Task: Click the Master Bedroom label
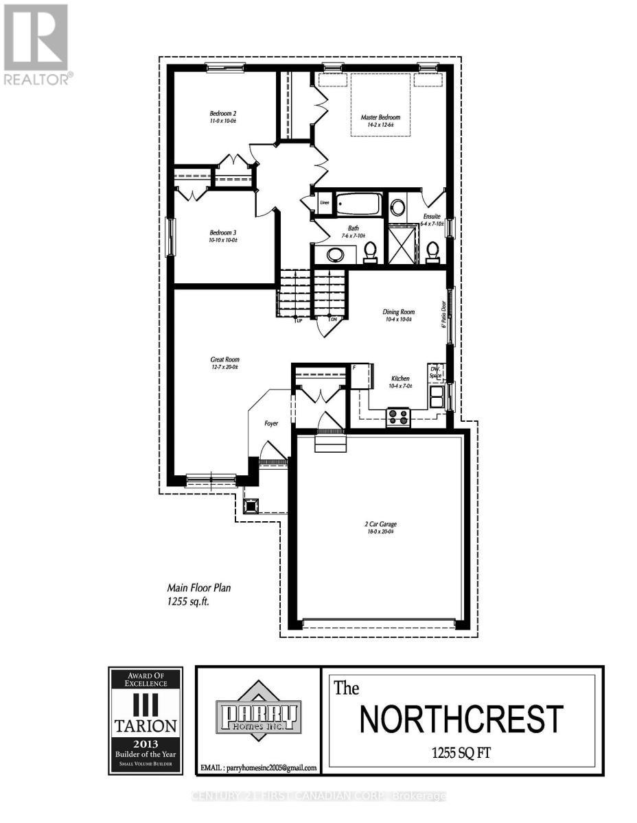(380, 117)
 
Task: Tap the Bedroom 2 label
(223, 113)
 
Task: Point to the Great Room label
(224, 359)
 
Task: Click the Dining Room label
(399, 312)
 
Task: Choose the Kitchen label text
(401, 379)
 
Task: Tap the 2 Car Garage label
(380, 525)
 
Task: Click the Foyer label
(272, 424)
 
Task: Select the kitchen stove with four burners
(398, 417)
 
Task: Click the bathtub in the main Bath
(359, 204)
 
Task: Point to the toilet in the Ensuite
(432, 250)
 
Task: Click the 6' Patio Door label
(445, 315)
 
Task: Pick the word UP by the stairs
(299, 320)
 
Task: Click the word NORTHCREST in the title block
(461, 719)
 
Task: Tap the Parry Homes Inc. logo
(258, 715)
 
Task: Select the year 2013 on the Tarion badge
(145, 743)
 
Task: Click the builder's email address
(257, 768)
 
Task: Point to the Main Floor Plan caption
(204, 588)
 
